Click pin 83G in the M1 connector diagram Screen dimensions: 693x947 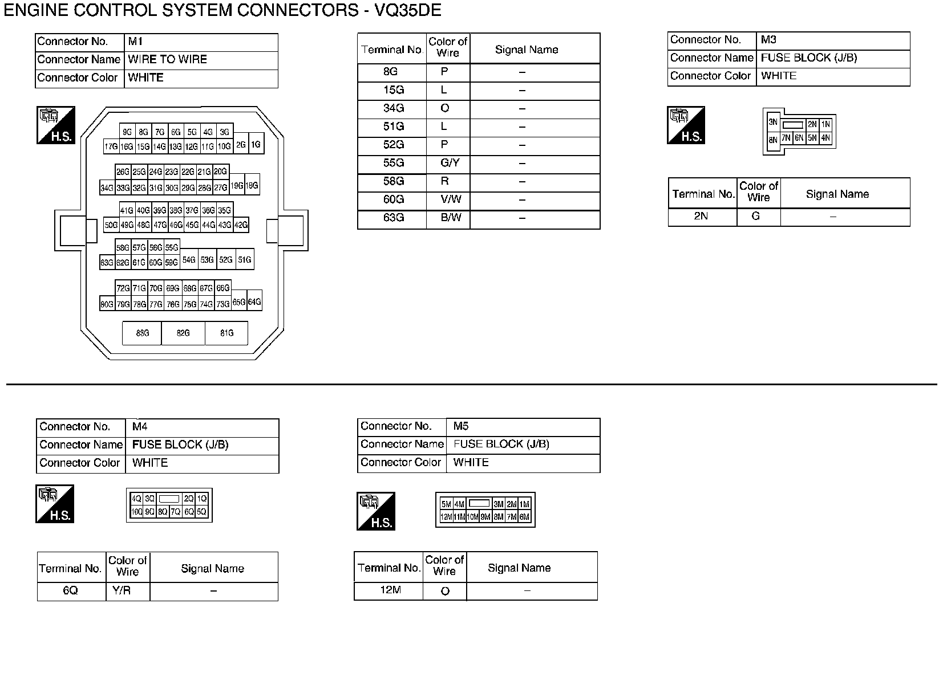[x=142, y=333]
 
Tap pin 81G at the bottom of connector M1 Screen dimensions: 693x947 [x=226, y=333]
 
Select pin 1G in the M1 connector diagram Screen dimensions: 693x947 [x=256, y=145]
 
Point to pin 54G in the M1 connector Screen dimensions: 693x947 [x=189, y=260]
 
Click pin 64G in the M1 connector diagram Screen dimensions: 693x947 [x=254, y=302]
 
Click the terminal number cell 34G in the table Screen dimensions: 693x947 [x=393, y=109]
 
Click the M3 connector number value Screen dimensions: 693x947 [x=768, y=40]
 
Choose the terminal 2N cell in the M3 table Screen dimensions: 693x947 [x=701, y=217]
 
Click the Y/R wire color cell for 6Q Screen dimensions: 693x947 [x=122, y=591]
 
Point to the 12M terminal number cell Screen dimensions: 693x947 [x=390, y=590]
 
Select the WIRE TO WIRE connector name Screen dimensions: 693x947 [x=167, y=59]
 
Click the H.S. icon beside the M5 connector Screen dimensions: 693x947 [x=376, y=511]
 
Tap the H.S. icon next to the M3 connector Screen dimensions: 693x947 [x=686, y=125]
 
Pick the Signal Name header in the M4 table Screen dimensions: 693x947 [x=212, y=569]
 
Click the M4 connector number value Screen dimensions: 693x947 [x=140, y=427]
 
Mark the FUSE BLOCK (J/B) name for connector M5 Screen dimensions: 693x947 [x=501, y=445]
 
